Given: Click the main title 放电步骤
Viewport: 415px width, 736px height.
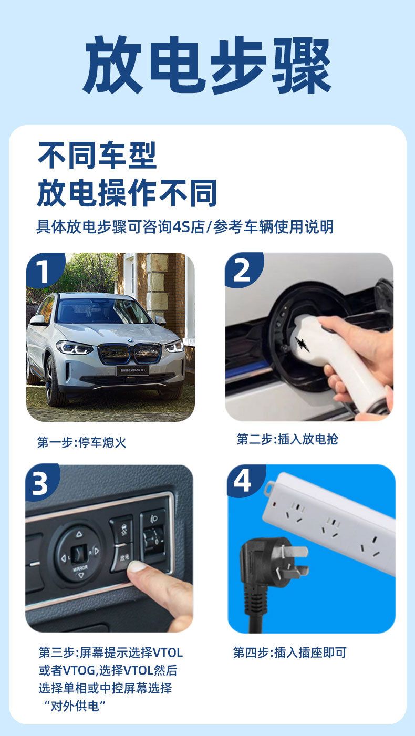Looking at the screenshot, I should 207,65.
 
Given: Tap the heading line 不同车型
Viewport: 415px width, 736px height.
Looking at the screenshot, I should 97,156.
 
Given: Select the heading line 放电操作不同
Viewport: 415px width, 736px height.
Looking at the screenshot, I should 127,193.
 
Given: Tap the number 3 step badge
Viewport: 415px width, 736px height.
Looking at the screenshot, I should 40,483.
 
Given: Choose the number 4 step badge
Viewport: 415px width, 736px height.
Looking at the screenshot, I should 242,481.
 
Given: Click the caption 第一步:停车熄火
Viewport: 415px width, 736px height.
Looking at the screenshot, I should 81,442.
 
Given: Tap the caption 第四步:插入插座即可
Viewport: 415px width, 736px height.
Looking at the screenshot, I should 289,653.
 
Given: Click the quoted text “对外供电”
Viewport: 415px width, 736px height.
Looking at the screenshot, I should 72,706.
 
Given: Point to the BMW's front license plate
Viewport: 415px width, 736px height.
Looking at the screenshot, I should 132,370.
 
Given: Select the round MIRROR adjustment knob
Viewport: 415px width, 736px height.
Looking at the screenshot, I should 78,553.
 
